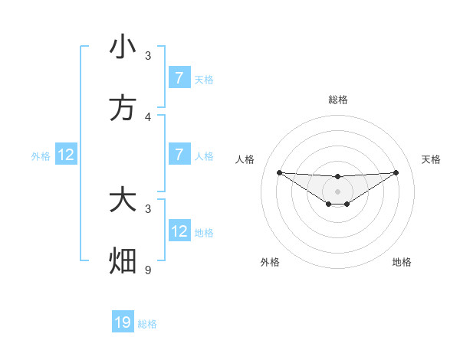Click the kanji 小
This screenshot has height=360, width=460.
pos(123,47)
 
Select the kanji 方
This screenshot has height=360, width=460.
pos(123,108)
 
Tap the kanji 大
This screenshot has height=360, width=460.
pos(123,200)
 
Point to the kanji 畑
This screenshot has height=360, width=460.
pos(123,261)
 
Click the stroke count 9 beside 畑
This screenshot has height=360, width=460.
pos(148,270)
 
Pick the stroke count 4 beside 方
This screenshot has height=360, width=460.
pos(148,116)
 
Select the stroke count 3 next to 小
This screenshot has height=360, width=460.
pos(148,55)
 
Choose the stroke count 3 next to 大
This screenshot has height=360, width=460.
pos(148,208)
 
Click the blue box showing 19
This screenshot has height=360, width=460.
pos(123,322)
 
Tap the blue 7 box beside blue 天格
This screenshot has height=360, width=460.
pos(179,77)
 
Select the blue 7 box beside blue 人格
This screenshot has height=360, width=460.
pos(179,155)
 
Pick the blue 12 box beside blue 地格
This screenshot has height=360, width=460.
pos(179,231)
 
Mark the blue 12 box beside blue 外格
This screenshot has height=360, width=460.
pos(66,155)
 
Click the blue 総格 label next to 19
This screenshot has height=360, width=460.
pos(147,324)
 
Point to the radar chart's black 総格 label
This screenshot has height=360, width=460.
pos(337,100)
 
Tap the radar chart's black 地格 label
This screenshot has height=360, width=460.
pos(402,262)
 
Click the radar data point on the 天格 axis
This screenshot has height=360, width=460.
pos(396,172)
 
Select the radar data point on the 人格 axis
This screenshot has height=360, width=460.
pos(279,172)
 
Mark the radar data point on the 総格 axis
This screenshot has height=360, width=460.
pos(337,177)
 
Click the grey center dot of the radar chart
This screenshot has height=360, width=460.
pos(337,191)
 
